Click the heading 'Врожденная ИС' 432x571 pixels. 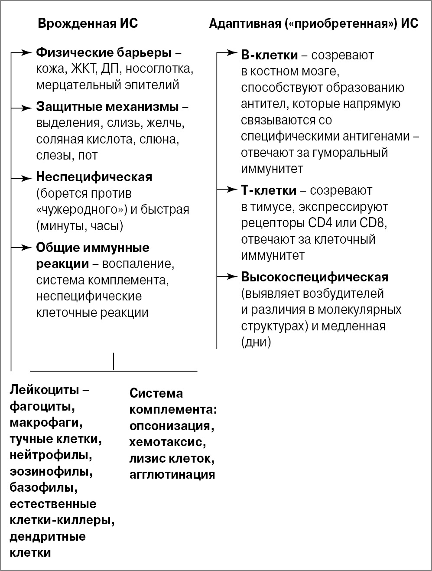click(88, 23)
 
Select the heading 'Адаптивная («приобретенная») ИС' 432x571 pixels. click(313, 23)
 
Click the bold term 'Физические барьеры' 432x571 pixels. click(104, 53)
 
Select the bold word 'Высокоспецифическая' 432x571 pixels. click(314, 277)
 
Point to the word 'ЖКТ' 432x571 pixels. click(85, 69)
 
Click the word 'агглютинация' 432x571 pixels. click(172, 474)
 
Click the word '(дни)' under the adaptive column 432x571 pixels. click(256, 342)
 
